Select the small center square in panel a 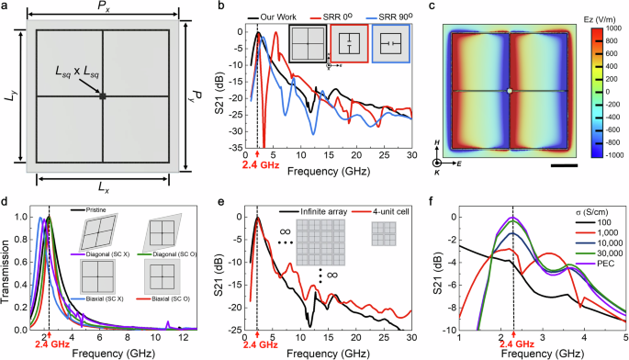[103, 96]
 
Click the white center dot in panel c [510, 91]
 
